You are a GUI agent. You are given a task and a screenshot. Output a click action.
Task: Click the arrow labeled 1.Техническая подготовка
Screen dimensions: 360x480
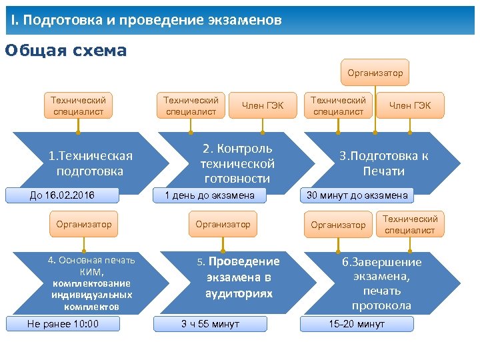coord(90,163)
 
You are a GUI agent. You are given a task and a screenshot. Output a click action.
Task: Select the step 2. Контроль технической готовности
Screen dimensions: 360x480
coord(237,163)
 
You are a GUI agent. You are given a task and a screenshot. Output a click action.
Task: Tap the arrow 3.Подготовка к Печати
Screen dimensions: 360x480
coord(383,163)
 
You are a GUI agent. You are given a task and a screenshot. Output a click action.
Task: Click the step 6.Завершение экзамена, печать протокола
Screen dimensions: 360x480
coord(382,283)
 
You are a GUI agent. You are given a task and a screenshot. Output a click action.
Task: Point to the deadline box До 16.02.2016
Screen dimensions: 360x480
coord(62,195)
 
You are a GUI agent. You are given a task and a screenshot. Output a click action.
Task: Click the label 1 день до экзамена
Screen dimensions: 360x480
coord(209,195)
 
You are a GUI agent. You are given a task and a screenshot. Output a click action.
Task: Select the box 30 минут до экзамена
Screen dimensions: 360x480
coord(357,195)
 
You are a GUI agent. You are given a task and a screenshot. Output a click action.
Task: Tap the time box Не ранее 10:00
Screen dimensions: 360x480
coord(62,324)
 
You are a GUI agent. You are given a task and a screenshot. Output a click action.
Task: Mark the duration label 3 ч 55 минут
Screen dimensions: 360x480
coord(210,324)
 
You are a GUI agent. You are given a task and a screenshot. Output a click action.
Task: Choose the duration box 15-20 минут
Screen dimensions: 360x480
coord(357,324)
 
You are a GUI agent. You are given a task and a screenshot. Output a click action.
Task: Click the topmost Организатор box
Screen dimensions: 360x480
coord(375,73)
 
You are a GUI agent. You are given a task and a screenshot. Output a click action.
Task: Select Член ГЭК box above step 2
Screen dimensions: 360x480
coord(263,105)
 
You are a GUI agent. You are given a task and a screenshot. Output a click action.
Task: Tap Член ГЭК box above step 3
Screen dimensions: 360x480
coord(410,105)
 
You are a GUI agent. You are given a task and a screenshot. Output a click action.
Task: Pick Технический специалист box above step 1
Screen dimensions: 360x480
coord(78,105)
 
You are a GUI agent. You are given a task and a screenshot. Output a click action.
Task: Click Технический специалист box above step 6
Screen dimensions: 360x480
coord(410,225)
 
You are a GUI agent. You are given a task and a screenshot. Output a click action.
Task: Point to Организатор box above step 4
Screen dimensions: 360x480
coord(84,225)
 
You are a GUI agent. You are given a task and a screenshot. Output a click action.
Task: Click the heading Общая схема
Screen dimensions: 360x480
coord(65,51)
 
